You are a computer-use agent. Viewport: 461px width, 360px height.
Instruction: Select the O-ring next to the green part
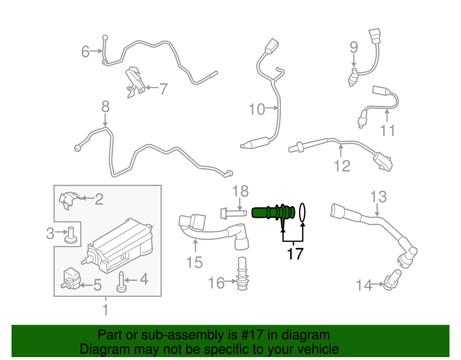(x=302, y=212)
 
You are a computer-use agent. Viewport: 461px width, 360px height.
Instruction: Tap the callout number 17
(x=295, y=254)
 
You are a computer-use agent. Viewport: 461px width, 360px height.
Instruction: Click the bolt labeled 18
(x=233, y=214)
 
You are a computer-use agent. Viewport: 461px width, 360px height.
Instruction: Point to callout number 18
(x=240, y=191)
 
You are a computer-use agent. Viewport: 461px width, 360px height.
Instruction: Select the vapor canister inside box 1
(x=121, y=248)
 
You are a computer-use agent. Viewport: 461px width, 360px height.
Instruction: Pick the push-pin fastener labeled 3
(x=71, y=235)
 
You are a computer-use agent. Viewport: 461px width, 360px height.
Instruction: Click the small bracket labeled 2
(x=68, y=199)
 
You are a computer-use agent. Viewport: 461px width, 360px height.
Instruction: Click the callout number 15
(x=194, y=263)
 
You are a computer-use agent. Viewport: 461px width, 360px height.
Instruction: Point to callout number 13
(x=378, y=197)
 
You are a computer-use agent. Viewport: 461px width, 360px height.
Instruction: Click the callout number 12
(x=342, y=166)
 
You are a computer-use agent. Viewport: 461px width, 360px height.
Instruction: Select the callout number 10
(x=256, y=109)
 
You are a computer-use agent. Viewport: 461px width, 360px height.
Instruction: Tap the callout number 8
(x=105, y=107)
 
